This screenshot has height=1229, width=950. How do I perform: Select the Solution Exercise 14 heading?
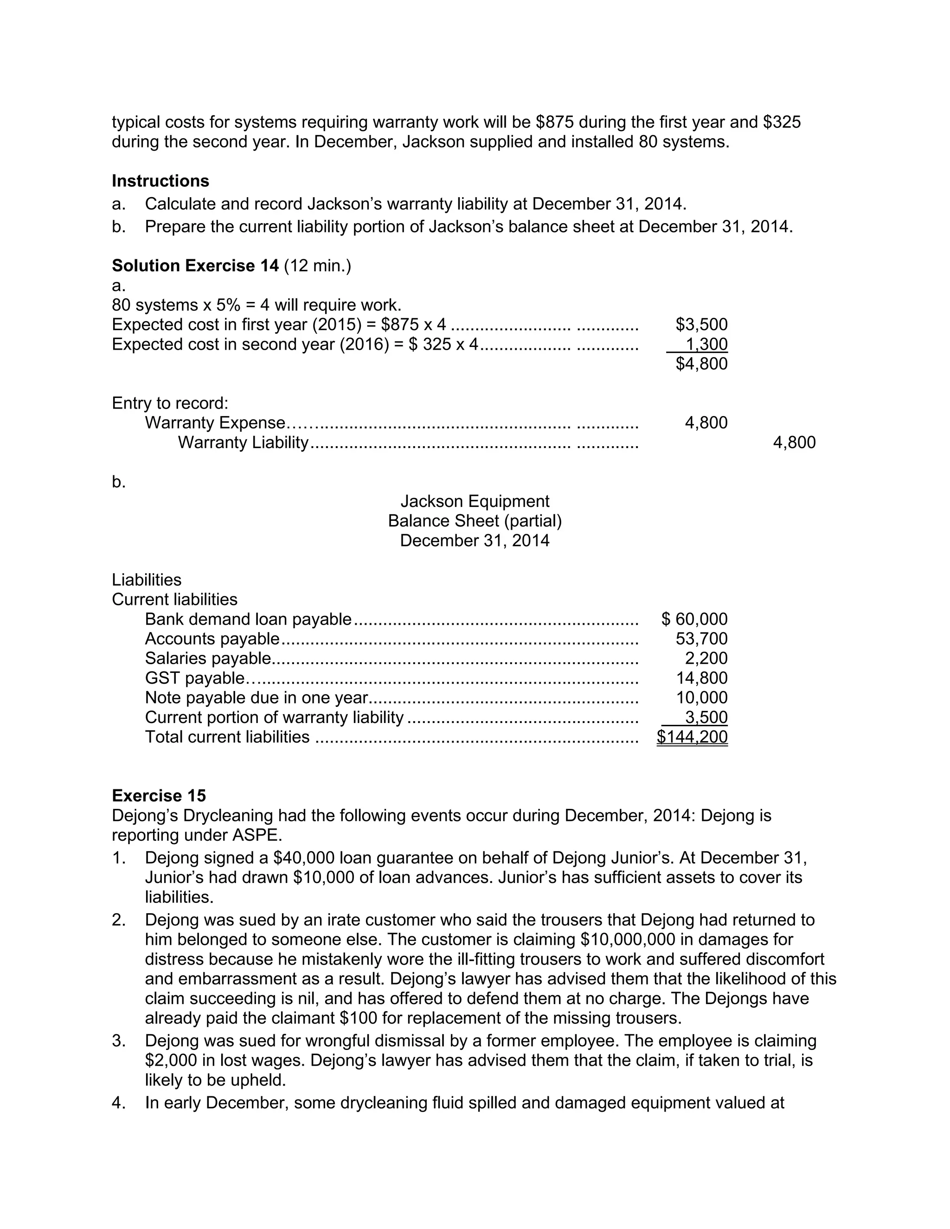(x=195, y=266)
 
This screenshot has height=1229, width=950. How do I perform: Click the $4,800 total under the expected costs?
(x=701, y=364)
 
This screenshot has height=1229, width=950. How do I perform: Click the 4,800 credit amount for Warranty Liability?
(x=794, y=442)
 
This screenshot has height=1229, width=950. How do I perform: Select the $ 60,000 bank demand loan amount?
(x=694, y=619)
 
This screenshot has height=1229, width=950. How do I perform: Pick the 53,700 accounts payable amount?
(x=701, y=639)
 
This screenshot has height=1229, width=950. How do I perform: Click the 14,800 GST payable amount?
(x=701, y=678)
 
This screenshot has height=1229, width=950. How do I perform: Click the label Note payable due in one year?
(x=256, y=698)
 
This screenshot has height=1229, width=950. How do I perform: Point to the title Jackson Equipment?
(x=475, y=501)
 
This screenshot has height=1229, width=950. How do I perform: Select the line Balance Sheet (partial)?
(x=475, y=521)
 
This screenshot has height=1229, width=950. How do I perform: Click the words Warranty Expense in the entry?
(x=215, y=422)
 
